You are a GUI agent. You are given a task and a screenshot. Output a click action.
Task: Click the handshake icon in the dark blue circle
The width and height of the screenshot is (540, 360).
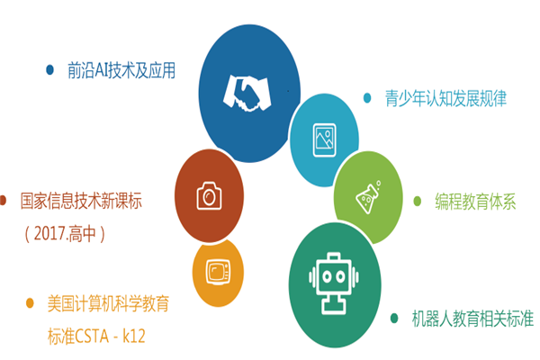tap(247, 94)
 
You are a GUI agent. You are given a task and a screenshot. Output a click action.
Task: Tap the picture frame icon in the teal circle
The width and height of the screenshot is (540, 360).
tap(324, 139)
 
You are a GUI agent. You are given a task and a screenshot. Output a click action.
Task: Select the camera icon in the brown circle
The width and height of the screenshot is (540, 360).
tap(209, 195)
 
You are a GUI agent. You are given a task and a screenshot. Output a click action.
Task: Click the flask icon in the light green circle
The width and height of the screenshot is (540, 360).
tap(368, 197)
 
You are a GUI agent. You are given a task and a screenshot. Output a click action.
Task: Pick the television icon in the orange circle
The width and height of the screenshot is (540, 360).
tap(218, 272)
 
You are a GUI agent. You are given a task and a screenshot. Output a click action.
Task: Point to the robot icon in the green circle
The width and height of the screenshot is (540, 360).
tap(334, 283)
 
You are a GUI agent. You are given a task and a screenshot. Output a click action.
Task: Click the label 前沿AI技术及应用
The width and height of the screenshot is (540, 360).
tap(121, 70)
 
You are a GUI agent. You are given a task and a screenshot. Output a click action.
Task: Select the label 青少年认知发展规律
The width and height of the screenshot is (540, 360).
tap(445, 98)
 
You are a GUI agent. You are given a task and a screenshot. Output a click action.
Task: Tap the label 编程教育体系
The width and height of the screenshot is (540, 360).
tap(475, 202)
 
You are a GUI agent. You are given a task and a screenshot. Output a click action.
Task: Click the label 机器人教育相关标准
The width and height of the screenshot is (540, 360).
tap(472, 319)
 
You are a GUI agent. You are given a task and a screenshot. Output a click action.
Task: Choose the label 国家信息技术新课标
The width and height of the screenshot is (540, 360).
tap(81, 201)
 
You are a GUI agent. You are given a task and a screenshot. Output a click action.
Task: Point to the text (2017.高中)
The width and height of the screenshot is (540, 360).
tap(65, 234)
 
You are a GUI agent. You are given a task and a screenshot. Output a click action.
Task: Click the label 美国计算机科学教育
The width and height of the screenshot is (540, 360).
tap(108, 303)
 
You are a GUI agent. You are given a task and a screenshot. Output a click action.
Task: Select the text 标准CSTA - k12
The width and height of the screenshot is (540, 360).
tap(96, 337)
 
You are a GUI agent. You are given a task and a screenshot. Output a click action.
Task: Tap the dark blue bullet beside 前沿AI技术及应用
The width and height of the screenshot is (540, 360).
tap(49, 70)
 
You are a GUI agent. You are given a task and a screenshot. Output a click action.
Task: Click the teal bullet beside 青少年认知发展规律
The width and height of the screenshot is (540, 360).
tap(367, 98)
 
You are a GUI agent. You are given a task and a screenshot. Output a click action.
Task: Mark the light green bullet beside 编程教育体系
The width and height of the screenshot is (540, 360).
tap(417, 202)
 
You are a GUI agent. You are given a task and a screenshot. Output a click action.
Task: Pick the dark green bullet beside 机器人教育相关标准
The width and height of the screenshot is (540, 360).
tap(394, 318)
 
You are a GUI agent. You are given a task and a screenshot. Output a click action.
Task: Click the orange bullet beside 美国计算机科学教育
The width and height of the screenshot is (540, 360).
tap(30, 303)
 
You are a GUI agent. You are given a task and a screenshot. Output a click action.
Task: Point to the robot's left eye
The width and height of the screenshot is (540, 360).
tap(327, 276)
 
